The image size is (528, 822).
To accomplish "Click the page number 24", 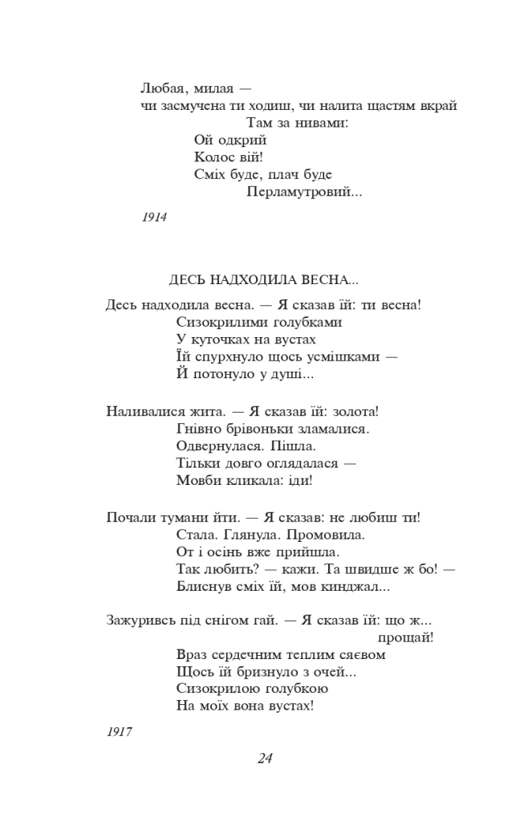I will point(265,758).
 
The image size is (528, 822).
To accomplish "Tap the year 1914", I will point(153,218).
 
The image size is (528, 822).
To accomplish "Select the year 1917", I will point(118,731).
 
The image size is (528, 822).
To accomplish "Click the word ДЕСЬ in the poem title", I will point(187,280).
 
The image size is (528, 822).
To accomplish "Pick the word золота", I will point(353,411).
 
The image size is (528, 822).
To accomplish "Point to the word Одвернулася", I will point(217,446).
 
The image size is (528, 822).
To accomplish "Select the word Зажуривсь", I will point(139,620).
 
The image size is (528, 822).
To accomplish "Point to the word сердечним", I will point(246,654).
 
